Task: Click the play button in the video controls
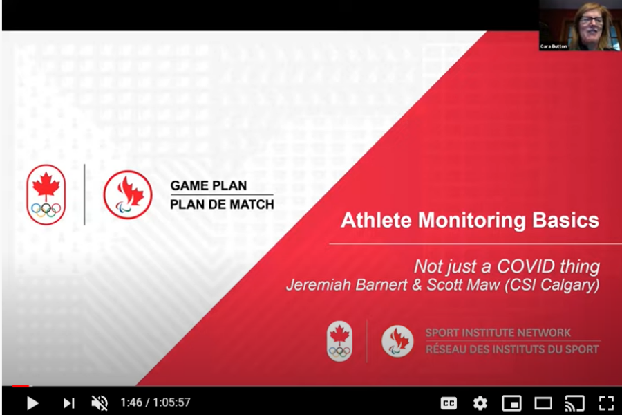(32, 403)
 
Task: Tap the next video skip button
(68, 403)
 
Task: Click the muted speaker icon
(99, 403)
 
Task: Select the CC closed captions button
(449, 403)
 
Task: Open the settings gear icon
(480, 403)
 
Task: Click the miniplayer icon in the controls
(511, 403)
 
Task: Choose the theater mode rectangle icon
(543, 403)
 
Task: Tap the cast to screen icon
(574, 403)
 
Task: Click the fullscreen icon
(605, 403)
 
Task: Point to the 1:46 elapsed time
(131, 403)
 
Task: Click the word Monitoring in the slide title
(471, 221)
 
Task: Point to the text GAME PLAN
(208, 185)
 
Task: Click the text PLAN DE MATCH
(222, 205)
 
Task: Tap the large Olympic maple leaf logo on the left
(46, 194)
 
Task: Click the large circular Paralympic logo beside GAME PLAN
(128, 194)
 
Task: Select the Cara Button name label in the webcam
(554, 46)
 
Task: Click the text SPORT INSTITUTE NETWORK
(498, 333)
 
